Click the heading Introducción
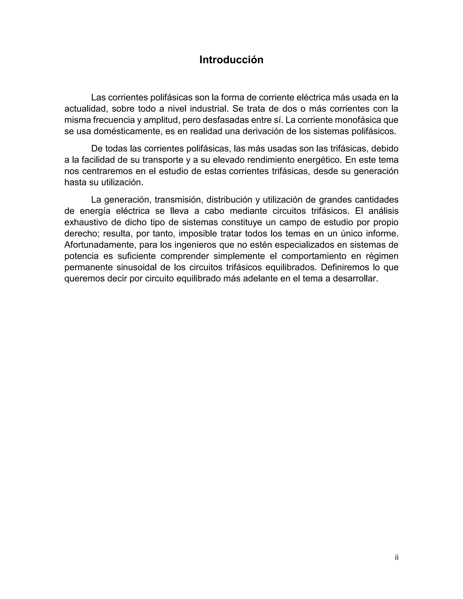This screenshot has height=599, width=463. pyautogui.click(x=231, y=60)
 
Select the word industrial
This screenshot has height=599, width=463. pyautogui.click(x=209, y=109)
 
